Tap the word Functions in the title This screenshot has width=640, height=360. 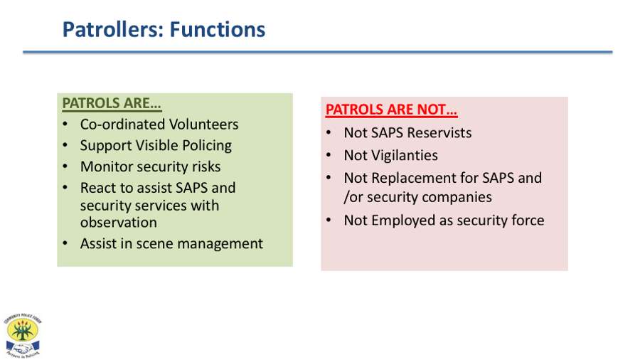pyautogui.click(x=217, y=29)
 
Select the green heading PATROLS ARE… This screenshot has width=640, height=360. pyautogui.click(x=112, y=103)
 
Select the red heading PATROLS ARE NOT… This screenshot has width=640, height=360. pyautogui.click(x=391, y=110)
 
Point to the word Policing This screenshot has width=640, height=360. pyautogui.click(x=207, y=146)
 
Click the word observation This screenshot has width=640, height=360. pyautogui.click(x=118, y=223)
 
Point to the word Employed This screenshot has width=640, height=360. pyautogui.click(x=403, y=221)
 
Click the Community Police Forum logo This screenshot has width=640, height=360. pyautogui.click(x=23, y=336)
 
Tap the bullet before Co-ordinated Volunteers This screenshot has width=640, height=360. pyautogui.click(x=65, y=124)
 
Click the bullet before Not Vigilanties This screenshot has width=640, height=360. pyautogui.click(x=329, y=155)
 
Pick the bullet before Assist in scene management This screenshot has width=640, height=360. pyautogui.click(x=65, y=243)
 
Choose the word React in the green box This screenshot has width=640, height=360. pyautogui.click(x=97, y=188)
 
